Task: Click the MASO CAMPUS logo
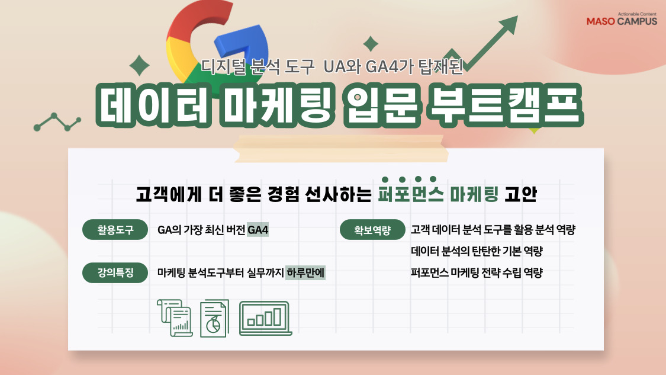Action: click(622, 20)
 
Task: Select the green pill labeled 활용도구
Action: click(115, 230)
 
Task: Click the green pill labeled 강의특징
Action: click(115, 273)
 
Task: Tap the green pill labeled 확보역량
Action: click(372, 230)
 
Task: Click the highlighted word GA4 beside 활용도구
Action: click(258, 230)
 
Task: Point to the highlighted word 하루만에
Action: click(305, 273)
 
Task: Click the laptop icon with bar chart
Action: click(265, 318)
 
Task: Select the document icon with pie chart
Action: click(214, 319)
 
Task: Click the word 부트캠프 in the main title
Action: click(505, 105)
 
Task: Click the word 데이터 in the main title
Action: click(153, 105)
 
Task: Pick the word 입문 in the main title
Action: click(381, 105)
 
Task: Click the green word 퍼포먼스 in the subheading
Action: click(411, 194)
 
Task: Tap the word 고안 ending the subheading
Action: click(521, 194)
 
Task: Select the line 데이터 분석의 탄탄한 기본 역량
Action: click(477, 251)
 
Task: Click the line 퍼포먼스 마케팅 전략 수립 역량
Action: click(477, 273)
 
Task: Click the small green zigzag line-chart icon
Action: click(57, 122)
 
